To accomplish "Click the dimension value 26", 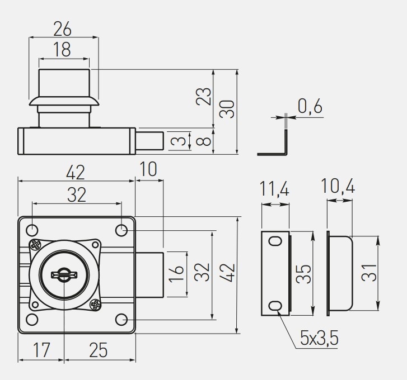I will point(63,27).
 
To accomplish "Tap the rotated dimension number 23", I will point(205,96).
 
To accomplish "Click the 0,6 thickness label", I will point(310,106).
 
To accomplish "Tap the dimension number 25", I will point(98,350).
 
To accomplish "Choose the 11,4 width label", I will point(274,189).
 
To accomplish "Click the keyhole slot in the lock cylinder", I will point(64,274).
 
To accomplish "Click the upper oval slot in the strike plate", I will point(275,241).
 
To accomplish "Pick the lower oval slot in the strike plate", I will point(275,306).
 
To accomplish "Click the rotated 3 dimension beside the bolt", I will point(178,140).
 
